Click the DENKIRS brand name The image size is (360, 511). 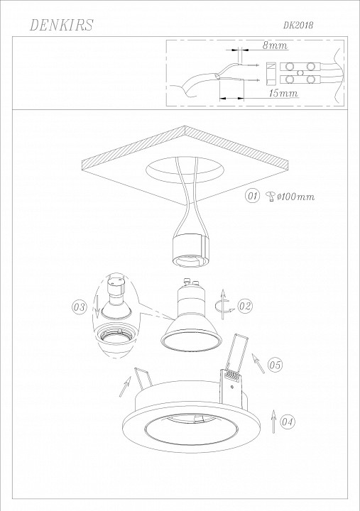pyautogui.click(x=61, y=25)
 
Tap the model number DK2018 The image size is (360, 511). pyautogui.click(x=298, y=25)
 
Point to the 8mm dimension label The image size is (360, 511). pyautogui.click(x=276, y=45)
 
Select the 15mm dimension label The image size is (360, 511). pyautogui.click(x=283, y=93)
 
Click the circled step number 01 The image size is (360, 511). pyautogui.click(x=252, y=196)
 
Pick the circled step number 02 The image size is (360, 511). pyautogui.click(x=245, y=306)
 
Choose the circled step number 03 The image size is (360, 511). pyautogui.click(x=79, y=307)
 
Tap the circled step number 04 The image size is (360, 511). pyautogui.click(x=288, y=422)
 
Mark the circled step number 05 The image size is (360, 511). pyautogui.click(x=276, y=365)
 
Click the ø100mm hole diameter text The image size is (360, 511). pyautogui.click(x=295, y=197)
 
